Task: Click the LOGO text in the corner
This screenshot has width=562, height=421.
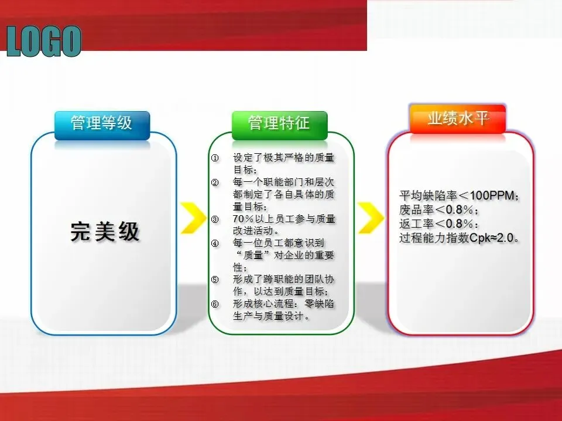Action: click(x=44, y=41)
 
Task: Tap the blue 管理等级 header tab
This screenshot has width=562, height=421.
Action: click(x=102, y=125)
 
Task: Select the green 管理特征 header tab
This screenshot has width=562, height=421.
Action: click(x=280, y=125)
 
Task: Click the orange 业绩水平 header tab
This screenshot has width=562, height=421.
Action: click(x=458, y=119)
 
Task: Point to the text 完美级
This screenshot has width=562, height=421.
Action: click(x=105, y=232)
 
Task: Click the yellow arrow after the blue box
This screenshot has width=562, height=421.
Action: click(x=194, y=218)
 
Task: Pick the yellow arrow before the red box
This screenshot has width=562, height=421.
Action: click(x=371, y=218)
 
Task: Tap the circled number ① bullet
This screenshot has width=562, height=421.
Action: click(x=215, y=158)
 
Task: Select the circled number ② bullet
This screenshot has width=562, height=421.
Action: click(x=215, y=182)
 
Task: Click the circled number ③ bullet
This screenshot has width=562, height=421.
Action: click(x=215, y=219)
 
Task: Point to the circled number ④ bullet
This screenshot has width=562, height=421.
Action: click(x=215, y=243)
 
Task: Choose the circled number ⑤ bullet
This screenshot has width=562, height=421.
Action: click(x=215, y=279)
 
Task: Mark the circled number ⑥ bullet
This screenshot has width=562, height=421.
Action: click(x=215, y=304)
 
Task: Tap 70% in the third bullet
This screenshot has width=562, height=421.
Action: click(x=244, y=219)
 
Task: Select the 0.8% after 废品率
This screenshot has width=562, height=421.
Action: click(x=460, y=210)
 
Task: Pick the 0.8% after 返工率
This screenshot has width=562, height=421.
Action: click(x=460, y=224)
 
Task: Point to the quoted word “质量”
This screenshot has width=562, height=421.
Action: click(x=253, y=256)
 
